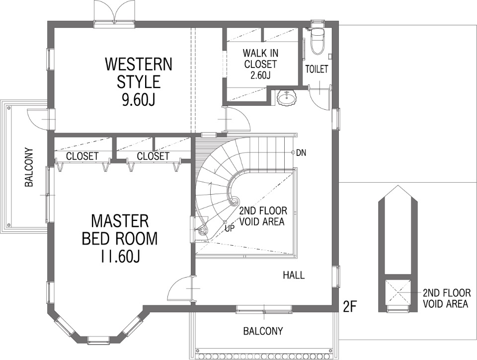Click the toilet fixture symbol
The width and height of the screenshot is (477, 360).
pyautogui.click(x=317, y=41)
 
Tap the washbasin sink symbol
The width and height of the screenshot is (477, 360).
pyautogui.click(x=287, y=98)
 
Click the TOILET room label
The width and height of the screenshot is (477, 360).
pyautogui.click(x=317, y=69)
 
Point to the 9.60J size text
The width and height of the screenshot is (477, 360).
pyautogui.click(x=139, y=100)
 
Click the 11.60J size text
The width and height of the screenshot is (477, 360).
pyautogui.click(x=120, y=256)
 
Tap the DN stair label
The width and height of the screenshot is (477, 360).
pyautogui.click(x=301, y=153)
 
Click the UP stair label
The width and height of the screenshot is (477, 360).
pyautogui.click(x=230, y=228)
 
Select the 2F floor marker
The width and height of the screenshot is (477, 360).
pyautogui.click(x=349, y=306)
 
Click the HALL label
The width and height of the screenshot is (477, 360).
pyautogui.click(x=294, y=275)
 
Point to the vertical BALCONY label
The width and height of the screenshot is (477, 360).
pyautogui.click(x=29, y=167)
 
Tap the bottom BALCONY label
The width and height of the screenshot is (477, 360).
pyautogui.click(x=263, y=331)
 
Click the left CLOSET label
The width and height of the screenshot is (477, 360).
pyautogui.click(x=82, y=156)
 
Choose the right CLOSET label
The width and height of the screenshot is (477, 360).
pyautogui.click(x=153, y=156)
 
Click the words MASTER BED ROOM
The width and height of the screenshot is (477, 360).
pyautogui.click(x=120, y=230)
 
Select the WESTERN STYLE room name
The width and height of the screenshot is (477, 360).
pyautogui.click(x=139, y=73)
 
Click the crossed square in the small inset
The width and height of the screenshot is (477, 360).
pyautogui.click(x=398, y=292)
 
